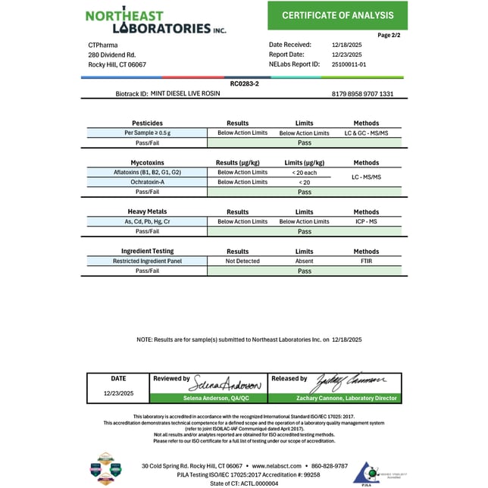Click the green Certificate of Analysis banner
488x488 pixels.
337,15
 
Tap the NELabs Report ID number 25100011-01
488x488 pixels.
349,64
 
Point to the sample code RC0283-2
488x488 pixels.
244,83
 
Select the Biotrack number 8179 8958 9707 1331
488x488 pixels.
362,94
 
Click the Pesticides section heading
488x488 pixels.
147,123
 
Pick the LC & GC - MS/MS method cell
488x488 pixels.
366,133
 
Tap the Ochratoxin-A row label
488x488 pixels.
147,182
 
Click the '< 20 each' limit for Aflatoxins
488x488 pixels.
304,172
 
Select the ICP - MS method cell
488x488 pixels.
366,221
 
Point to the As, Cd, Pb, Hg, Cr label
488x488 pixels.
147,221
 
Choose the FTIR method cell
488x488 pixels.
366,261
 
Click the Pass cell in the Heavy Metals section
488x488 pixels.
304,231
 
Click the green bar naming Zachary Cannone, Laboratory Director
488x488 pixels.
335,398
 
